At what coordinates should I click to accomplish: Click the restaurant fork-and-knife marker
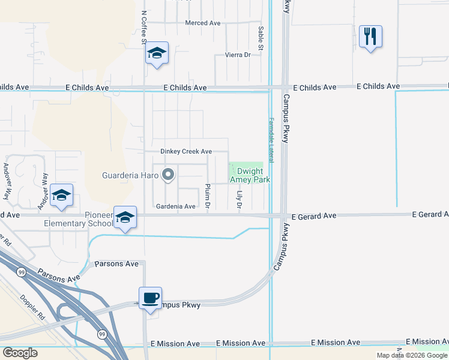pyautogui.click(x=370, y=37)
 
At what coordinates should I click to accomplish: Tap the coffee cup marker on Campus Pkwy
pyautogui.click(x=150, y=298)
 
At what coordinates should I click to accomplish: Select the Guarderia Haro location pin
pyautogui.click(x=169, y=175)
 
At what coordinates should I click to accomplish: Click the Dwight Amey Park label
pyautogui.click(x=250, y=175)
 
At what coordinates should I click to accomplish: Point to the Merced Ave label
pyautogui.click(x=203, y=23)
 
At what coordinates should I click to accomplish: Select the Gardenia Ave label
pyautogui.click(x=176, y=206)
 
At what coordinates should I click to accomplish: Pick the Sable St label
pyautogui.click(x=261, y=38)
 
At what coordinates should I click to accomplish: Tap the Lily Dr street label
pyautogui.click(x=239, y=198)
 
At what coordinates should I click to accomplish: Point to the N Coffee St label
pyautogui.click(x=144, y=26)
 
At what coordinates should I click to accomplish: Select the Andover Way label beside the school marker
pyautogui.click(x=43, y=191)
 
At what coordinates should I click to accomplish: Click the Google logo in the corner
pyautogui.click(x=20, y=352)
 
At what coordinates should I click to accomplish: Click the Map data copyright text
pyautogui.click(x=412, y=355)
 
